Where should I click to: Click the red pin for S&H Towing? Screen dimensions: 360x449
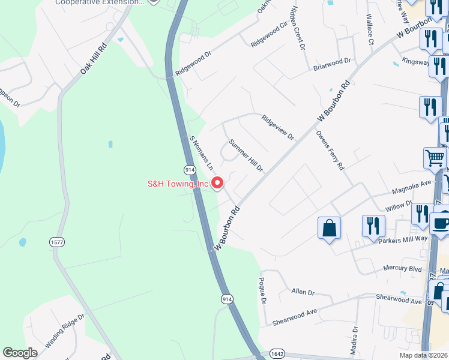(x=218, y=183)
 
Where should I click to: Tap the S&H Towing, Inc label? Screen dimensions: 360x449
(x=179, y=184)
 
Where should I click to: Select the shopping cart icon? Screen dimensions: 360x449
(x=435, y=158)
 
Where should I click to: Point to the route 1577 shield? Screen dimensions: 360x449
(x=57, y=242)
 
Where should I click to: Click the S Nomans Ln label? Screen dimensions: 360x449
(x=202, y=152)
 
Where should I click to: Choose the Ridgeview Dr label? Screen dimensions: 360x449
(x=277, y=127)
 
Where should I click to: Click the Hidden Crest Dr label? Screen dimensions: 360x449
(x=297, y=28)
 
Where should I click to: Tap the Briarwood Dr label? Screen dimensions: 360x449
(x=332, y=64)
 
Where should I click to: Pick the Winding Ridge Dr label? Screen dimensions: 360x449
(x=65, y=330)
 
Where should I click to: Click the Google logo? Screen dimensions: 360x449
(x=20, y=353)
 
